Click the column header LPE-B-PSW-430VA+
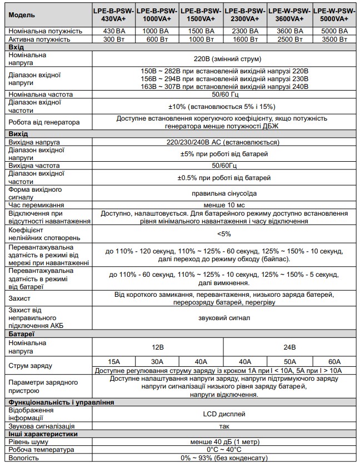point(112,14)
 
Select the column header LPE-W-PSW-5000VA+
point(334,14)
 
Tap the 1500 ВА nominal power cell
point(201,32)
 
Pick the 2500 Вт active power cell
point(290,41)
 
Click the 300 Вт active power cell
point(112,41)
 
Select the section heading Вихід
point(18,133)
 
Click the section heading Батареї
point(22,333)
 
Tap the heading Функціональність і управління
point(62,402)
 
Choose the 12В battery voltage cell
point(157,347)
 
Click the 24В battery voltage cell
point(290,347)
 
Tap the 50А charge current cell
point(290,361)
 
